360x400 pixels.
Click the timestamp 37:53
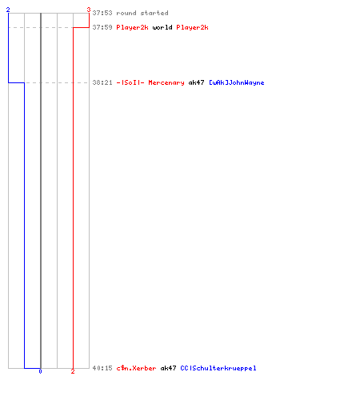(x=102, y=13)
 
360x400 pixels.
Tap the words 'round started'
(x=142, y=13)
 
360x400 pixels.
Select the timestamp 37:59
(x=102, y=27)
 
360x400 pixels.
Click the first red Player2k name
(x=132, y=27)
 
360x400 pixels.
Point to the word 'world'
(x=162, y=27)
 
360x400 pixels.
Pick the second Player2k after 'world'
(x=192, y=27)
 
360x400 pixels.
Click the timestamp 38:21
(x=102, y=82)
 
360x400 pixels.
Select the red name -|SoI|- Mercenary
(x=150, y=82)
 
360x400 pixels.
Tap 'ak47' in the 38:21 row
(x=196, y=82)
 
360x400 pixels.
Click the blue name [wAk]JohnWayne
(x=236, y=82)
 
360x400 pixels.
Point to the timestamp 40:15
(x=102, y=368)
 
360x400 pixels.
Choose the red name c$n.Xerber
(x=136, y=368)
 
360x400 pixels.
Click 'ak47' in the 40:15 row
(x=168, y=368)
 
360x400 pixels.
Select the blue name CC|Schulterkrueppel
(x=218, y=368)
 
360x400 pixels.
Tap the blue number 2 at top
(x=8, y=10)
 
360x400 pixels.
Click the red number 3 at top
(x=89, y=10)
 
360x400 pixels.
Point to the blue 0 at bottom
(x=40, y=371)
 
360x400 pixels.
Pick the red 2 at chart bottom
(x=73, y=371)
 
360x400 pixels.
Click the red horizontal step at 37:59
(x=81, y=27)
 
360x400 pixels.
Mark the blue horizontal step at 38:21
(x=16, y=82)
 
